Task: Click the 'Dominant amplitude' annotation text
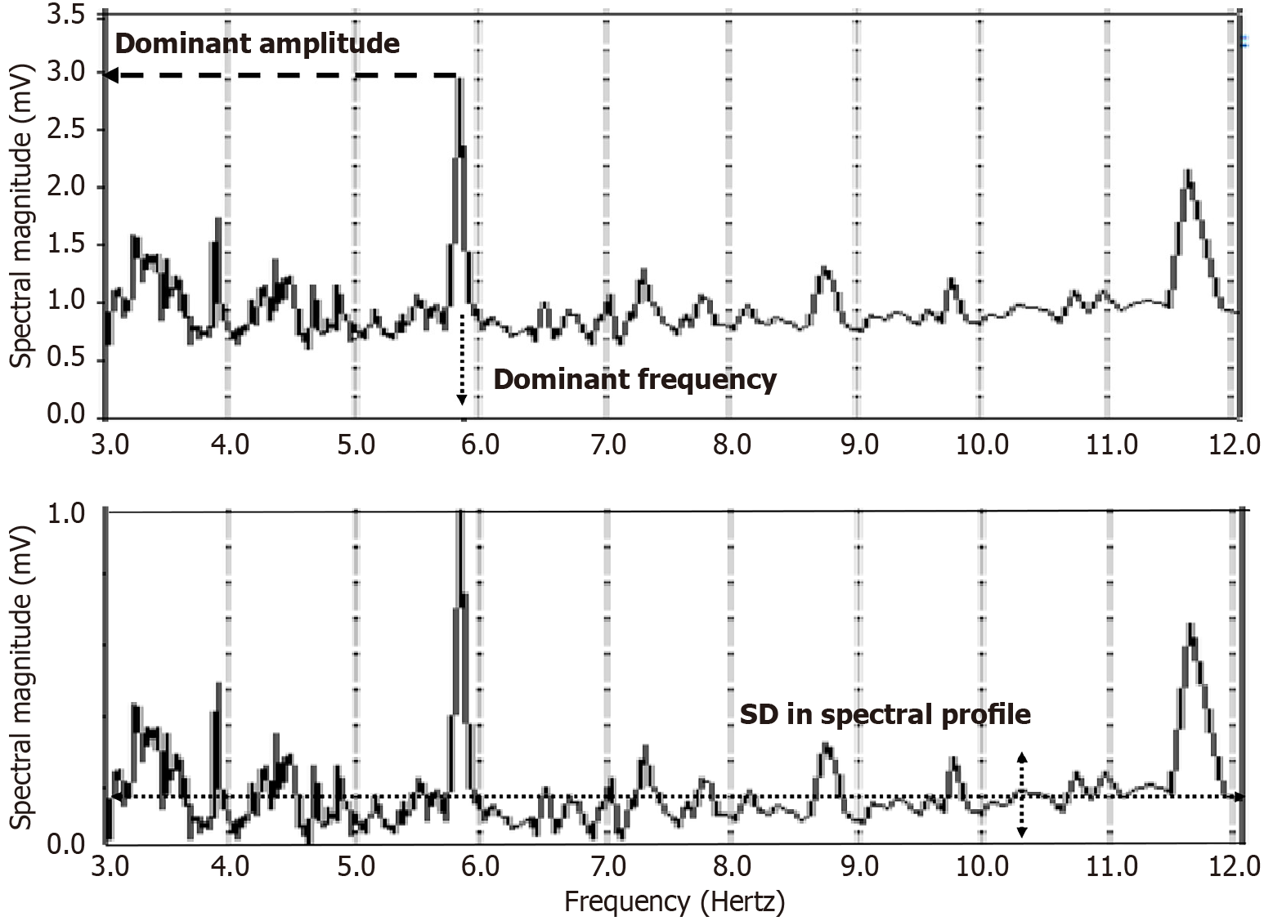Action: point(257,43)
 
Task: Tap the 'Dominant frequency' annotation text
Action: point(634,380)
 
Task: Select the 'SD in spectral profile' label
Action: point(885,715)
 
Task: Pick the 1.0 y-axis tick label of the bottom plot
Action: point(66,514)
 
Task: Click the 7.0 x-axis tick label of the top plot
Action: point(607,445)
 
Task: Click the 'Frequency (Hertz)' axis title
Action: point(675,902)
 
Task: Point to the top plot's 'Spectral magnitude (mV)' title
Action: point(23,215)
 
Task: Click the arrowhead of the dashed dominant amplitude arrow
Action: point(109,75)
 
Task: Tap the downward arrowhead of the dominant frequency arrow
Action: point(462,400)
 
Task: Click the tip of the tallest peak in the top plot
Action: point(459,79)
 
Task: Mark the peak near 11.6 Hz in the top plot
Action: point(1187,172)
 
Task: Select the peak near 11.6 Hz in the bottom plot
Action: point(1190,625)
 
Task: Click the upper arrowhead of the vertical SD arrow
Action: point(1021,757)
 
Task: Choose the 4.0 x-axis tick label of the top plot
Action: point(230,445)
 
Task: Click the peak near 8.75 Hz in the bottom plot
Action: point(826,744)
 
